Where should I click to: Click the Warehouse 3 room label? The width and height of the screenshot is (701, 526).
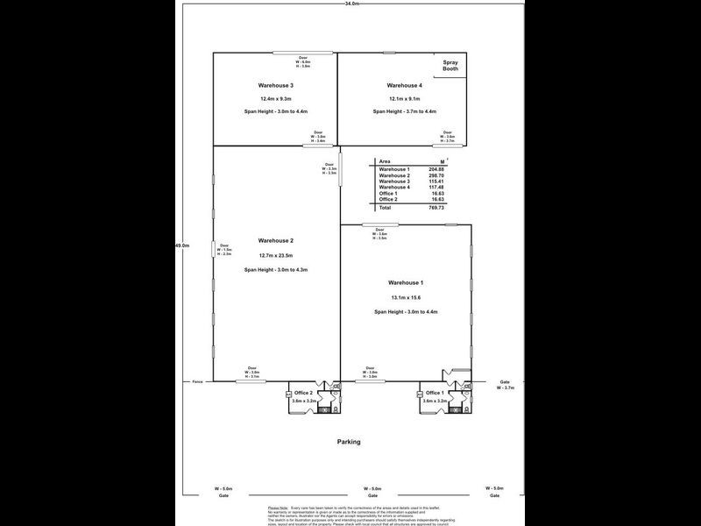pos(275,86)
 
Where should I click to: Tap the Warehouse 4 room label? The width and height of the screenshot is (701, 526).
pos(404,86)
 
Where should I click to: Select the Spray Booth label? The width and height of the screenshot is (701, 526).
pos(451,67)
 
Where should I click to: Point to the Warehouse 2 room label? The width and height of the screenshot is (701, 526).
pos(275,240)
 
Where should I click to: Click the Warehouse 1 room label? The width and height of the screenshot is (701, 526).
pos(406,282)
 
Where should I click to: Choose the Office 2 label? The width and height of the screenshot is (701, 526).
pos(304,392)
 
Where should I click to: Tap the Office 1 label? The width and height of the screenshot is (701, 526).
pos(435,392)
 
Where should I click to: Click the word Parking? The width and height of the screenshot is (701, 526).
pos(349,442)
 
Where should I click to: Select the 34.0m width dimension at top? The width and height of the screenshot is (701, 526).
pos(350,4)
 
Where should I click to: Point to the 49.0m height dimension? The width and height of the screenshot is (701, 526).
pos(183,246)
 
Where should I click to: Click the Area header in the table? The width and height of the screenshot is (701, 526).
pos(385,161)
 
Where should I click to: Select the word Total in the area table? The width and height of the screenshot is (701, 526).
pos(386,208)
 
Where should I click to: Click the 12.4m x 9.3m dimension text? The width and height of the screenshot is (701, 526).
pos(275,99)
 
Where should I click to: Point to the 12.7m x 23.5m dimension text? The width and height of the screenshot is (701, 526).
pos(275,255)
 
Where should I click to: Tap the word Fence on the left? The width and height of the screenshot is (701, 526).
pos(199,381)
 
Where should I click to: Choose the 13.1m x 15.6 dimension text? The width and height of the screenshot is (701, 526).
pos(406,298)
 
